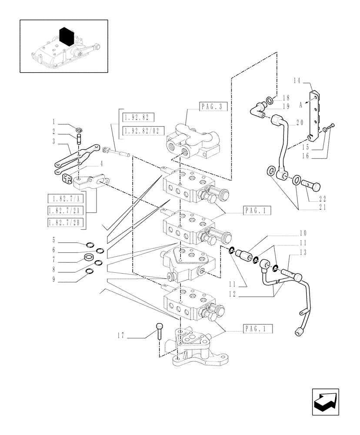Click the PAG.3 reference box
click(x=213, y=106)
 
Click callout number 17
click(x=122, y=335)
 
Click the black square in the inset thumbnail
click(x=67, y=37)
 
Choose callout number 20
click(x=299, y=124)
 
